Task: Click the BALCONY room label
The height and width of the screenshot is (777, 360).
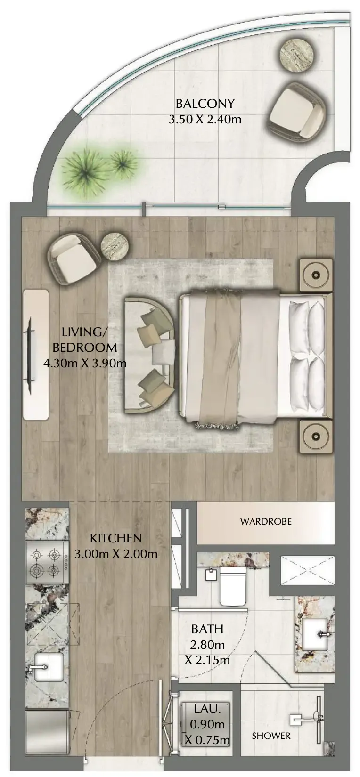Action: [205, 104]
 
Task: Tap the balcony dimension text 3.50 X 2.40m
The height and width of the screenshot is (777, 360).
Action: [205, 120]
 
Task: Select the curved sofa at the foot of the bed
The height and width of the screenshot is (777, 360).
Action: [149, 355]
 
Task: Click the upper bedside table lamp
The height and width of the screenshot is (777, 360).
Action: [315, 275]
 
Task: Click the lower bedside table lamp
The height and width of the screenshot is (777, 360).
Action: [315, 436]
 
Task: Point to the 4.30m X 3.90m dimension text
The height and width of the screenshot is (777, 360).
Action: [85, 364]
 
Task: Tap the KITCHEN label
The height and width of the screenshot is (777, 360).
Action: [116, 538]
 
